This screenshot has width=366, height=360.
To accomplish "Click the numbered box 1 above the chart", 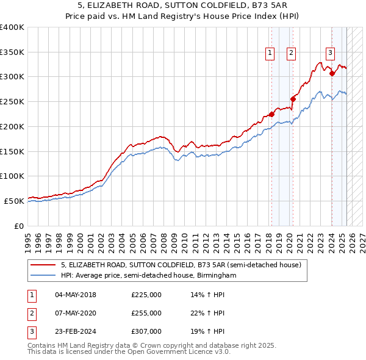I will point(270,53).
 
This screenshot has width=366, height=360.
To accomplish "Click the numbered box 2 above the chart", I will point(291,53).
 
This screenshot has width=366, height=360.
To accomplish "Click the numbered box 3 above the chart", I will point(330,53).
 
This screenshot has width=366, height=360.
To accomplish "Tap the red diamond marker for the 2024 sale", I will point(332,73).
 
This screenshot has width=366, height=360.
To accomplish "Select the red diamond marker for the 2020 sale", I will point(293,99).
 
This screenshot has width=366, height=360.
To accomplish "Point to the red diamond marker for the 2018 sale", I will point(271,113).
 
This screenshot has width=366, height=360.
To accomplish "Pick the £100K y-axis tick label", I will point(12,176).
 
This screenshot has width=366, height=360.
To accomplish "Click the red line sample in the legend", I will point(43,265).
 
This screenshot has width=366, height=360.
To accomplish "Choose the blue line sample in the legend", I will point(43,276).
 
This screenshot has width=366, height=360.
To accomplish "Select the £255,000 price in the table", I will point(146,313).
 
